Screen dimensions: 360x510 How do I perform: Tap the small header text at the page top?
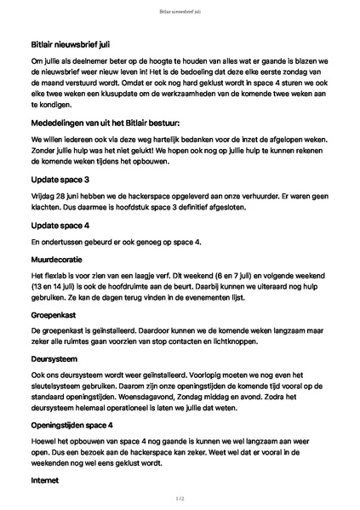180,12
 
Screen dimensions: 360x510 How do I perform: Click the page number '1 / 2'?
180,496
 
